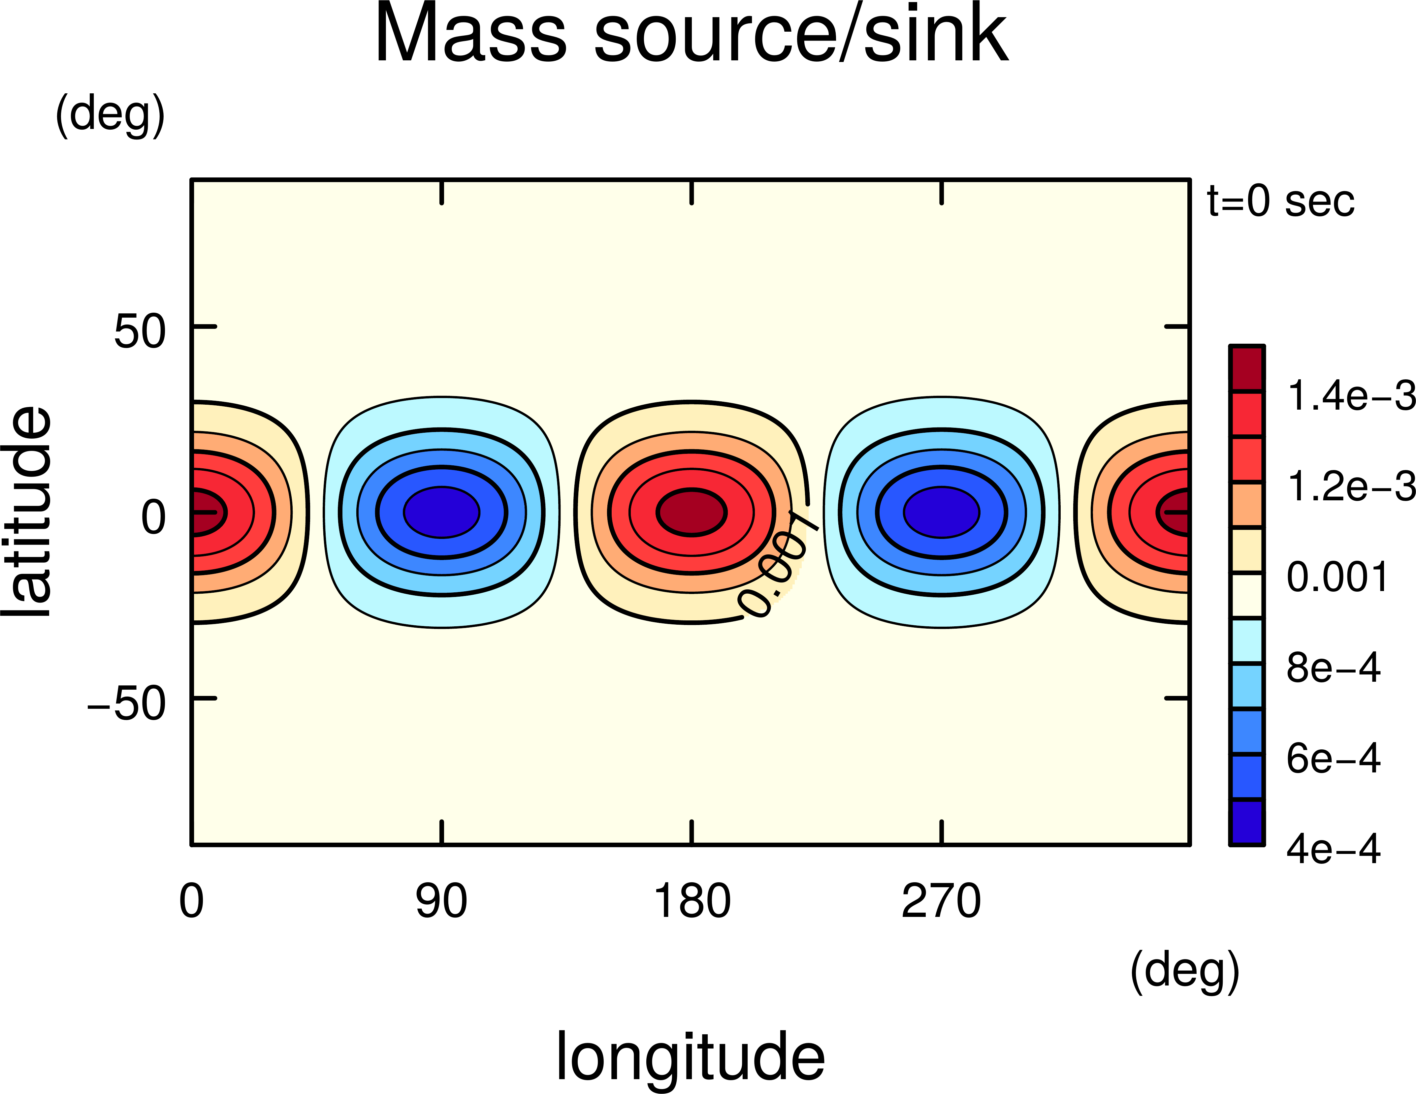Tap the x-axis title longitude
(x=691, y=1056)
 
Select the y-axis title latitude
(x=27, y=512)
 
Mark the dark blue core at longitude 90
(x=441, y=512)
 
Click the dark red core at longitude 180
(x=692, y=512)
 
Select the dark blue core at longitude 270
(x=941, y=512)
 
